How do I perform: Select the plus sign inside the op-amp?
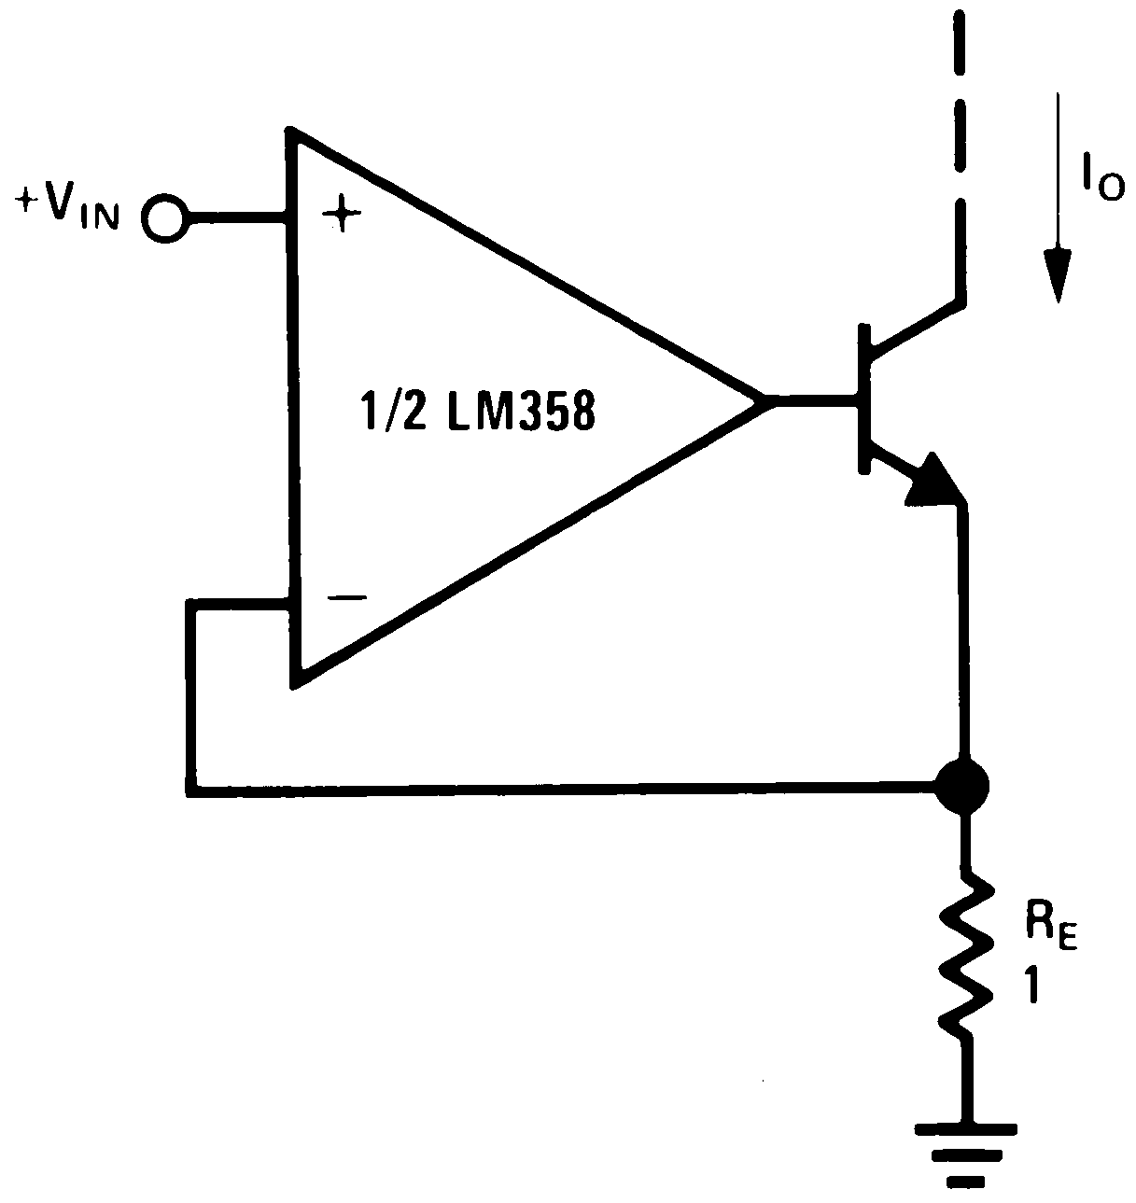point(341,217)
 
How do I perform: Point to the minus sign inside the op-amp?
point(345,598)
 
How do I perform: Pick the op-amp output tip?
point(764,403)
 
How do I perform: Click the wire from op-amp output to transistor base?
point(812,403)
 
